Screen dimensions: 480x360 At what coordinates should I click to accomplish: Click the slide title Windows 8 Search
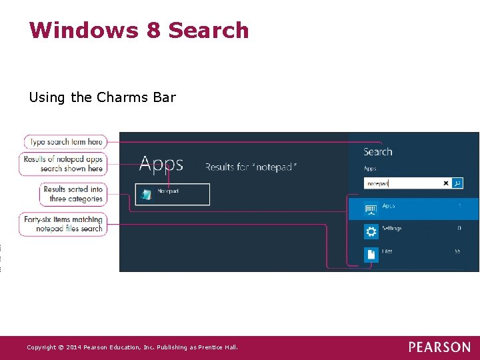[x=139, y=31]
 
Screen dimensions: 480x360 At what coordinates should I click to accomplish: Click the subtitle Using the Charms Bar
[x=102, y=97]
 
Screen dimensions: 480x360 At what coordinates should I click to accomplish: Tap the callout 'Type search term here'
[x=66, y=141]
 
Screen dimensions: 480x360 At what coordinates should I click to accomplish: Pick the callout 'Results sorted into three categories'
[x=73, y=194]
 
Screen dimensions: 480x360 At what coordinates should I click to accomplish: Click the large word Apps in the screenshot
[x=161, y=165]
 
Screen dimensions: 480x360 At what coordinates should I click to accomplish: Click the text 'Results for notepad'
[x=251, y=167]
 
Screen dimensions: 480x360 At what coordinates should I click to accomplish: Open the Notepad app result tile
[x=173, y=194]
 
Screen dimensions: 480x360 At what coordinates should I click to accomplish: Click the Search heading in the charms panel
[x=377, y=151]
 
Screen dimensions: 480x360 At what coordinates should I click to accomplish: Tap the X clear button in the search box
[x=446, y=183]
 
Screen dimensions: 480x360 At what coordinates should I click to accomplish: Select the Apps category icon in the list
[x=371, y=209]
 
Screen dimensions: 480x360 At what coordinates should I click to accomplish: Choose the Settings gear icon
[x=371, y=231]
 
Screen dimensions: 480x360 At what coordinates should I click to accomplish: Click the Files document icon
[x=371, y=254]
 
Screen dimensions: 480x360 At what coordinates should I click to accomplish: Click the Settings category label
[x=392, y=229]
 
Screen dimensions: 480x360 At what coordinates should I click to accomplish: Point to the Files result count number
[x=457, y=251]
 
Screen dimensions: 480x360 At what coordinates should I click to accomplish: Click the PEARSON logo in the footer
[x=439, y=347]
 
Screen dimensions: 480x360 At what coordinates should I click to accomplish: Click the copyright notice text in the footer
[x=132, y=347]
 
